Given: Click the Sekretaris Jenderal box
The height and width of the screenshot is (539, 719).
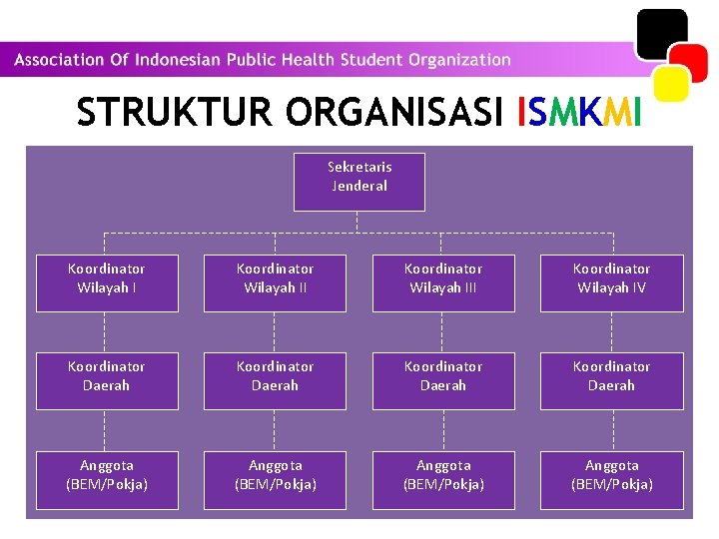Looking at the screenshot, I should point(359,181).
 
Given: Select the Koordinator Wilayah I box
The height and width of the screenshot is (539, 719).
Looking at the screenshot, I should point(107,282).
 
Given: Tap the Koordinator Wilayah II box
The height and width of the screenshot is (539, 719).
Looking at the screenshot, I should point(275,282).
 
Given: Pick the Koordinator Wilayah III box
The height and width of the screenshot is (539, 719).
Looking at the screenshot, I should point(443,282).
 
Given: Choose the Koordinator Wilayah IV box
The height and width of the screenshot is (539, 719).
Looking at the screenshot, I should point(611,282).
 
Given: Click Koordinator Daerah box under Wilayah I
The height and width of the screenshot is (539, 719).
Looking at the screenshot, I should point(107,380).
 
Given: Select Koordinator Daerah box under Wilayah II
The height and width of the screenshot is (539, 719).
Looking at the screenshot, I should point(275,380).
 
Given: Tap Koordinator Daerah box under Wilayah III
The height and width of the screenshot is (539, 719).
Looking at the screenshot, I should point(443,380).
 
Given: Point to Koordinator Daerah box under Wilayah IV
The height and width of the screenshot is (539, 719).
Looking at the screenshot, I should point(611,380).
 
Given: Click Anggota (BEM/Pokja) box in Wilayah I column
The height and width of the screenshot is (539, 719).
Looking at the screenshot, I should point(107,480).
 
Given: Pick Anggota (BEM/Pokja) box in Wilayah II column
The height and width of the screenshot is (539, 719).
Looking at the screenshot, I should point(275,480).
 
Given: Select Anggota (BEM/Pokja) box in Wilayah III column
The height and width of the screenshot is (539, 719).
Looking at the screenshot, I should point(443,480).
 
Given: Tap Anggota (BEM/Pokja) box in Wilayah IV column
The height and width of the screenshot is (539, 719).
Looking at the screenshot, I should point(611,480).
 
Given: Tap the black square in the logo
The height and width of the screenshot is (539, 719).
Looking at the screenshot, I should point(662,34).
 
